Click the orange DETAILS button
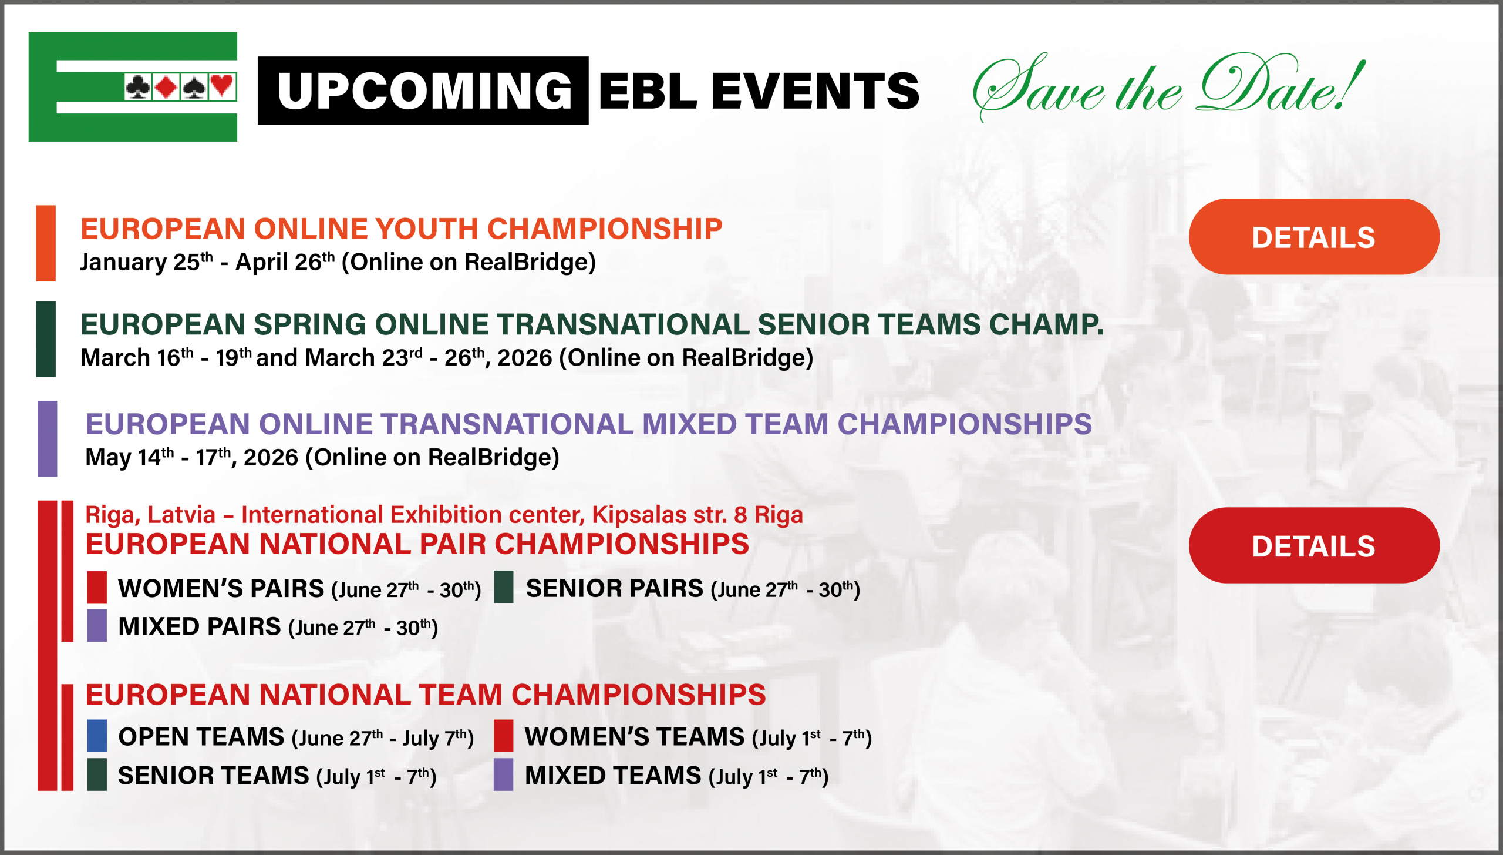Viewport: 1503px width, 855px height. [1314, 237]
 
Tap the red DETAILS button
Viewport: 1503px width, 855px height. [1314, 545]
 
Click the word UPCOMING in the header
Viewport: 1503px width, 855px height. [424, 91]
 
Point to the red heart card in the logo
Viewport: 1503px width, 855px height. [222, 87]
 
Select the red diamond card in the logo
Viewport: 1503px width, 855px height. [167, 87]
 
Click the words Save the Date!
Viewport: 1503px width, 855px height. [1168, 87]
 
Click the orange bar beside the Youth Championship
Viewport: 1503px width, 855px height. [46, 243]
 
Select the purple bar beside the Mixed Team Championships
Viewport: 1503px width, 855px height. [48, 438]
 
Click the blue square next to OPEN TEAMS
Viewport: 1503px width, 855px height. [97, 736]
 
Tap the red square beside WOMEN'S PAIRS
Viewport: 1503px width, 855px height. [97, 587]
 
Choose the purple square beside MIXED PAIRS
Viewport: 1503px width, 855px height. [97, 625]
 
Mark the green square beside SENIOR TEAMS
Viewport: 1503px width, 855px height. [97, 774]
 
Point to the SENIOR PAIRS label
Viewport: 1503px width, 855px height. [614, 588]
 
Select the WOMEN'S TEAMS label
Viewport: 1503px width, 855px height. [635, 736]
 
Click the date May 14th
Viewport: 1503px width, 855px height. [130, 457]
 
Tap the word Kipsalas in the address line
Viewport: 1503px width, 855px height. [639, 515]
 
